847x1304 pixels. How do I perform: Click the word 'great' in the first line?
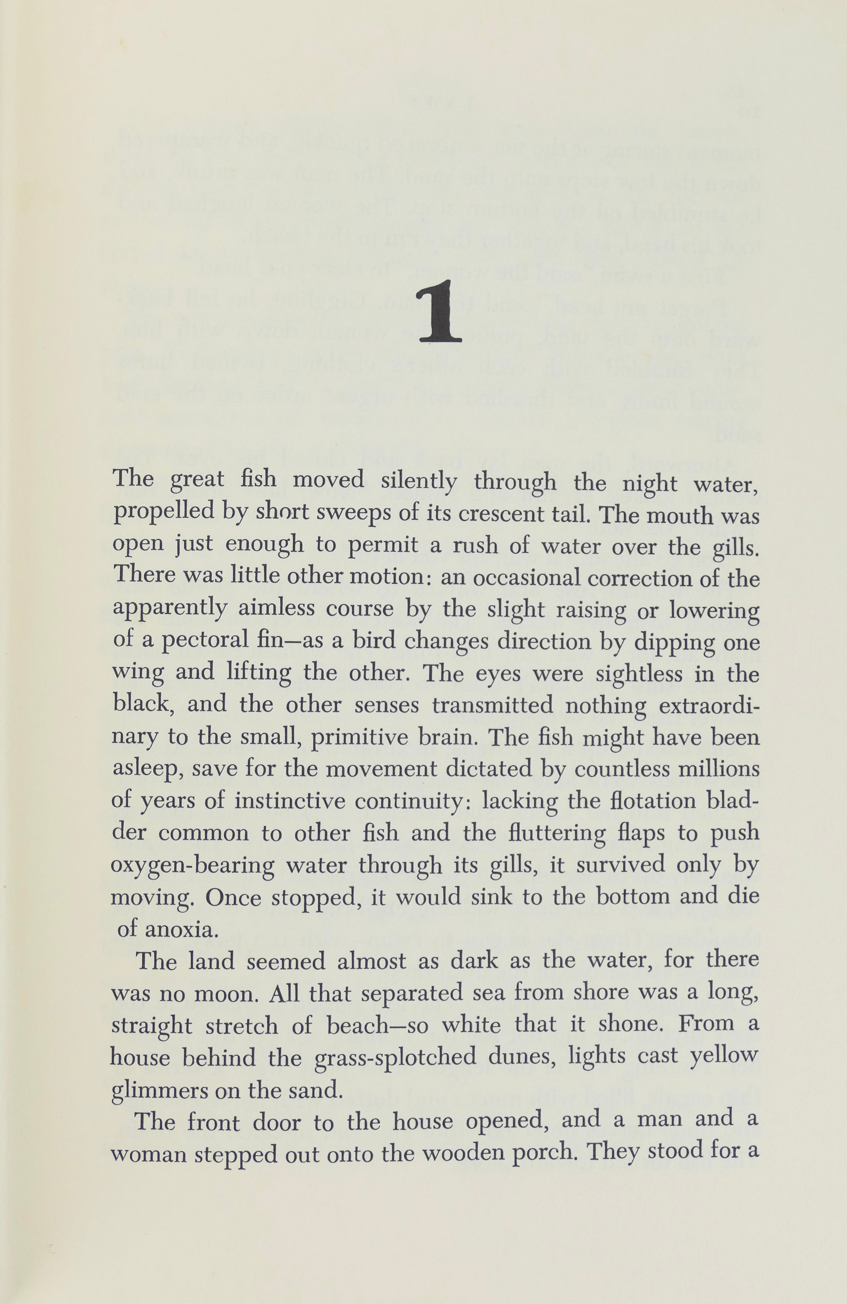[x=197, y=480]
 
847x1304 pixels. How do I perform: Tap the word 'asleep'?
[x=147, y=769]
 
